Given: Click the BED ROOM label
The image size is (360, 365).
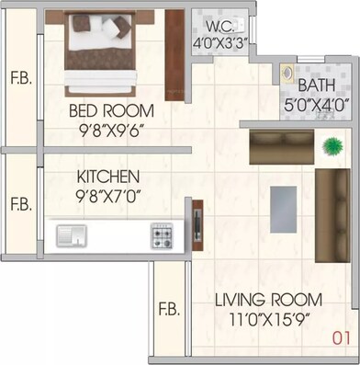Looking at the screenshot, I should [112, 111].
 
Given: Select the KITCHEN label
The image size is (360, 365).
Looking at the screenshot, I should [107, 176].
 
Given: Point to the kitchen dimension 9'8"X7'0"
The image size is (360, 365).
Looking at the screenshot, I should [107, 194].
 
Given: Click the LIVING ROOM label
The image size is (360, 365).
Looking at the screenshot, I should [267, 299].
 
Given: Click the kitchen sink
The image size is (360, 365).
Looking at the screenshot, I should [71, 235].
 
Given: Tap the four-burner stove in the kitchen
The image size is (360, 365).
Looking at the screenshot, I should [163, 235].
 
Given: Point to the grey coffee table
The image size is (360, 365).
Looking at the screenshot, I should [284, 208].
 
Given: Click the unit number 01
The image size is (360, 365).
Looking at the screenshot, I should [342, 338].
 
